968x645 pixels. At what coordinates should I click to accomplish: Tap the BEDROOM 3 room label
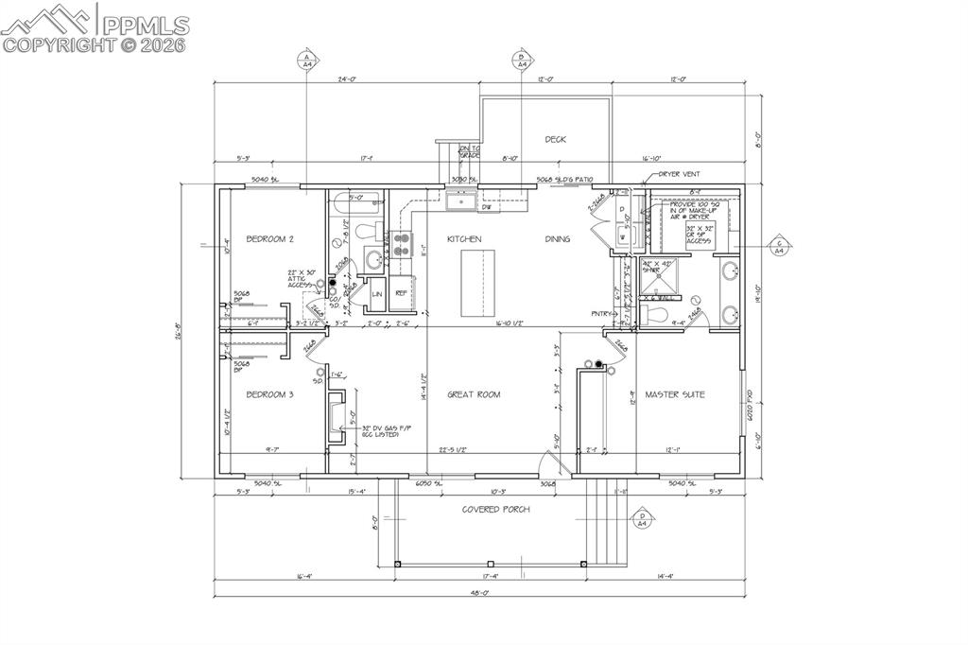[270, 394]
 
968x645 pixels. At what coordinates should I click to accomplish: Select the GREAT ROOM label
[474, 394]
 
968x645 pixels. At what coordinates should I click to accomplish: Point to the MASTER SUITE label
[674, 394]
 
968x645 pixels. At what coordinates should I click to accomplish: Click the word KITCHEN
[464, 239]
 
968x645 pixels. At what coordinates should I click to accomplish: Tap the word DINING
[557, 239]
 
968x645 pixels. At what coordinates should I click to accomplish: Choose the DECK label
[555, 139]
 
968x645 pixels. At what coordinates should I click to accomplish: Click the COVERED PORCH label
[495, 510]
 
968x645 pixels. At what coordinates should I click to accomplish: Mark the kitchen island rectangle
[477, 283]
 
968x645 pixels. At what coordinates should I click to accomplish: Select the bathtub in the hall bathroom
[355, 200]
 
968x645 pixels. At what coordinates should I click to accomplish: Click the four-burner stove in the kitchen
[402, 245]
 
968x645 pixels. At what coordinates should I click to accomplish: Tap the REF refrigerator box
[402, 293]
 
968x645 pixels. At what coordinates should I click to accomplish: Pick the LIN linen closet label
[376, 294]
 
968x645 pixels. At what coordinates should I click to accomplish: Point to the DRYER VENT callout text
[677, 174]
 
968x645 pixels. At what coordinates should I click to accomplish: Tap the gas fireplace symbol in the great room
[336, 416]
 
